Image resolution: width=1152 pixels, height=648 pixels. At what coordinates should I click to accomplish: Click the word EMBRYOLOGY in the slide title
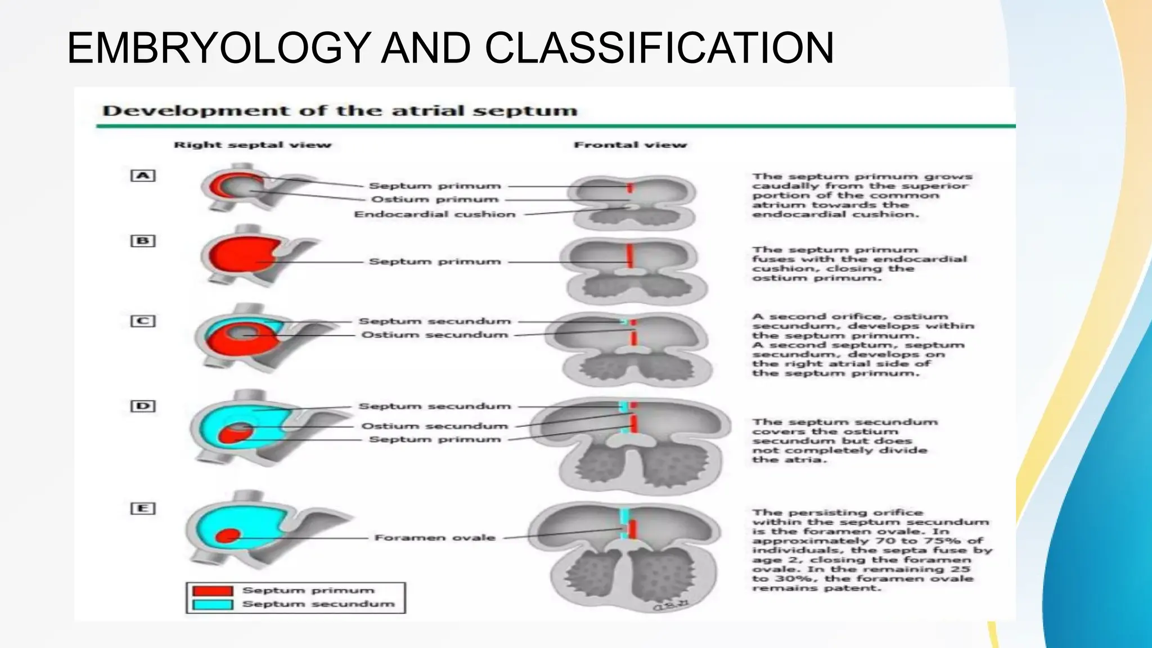click(x=219, y=48)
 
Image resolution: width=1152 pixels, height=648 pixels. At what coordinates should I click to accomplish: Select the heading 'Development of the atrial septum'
click(x=340, y=111)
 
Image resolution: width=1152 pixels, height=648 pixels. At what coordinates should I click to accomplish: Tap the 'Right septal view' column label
click(x=253, y=145)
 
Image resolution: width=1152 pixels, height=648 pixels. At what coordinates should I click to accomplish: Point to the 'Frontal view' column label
click(x=630, y=145)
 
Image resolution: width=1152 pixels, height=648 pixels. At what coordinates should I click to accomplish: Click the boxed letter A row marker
click(x=143, y=175)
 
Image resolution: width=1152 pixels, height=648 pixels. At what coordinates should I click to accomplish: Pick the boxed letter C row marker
click(x=143, y=321)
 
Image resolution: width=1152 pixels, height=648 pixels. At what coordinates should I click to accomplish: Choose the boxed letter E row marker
click(x=143, y=508)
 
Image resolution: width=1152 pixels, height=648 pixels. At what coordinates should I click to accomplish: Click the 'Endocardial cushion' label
click(x=435, y=214)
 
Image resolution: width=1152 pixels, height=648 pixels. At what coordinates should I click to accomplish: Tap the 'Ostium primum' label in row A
click(x=435, y=200)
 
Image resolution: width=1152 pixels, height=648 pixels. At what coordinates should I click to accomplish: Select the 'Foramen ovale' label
click(x=435, y=538)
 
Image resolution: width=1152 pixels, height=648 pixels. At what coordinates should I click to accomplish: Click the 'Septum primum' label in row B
click(x=435, y=262)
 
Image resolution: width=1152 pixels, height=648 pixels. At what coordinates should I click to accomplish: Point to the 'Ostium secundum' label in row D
click(x=435, y=426)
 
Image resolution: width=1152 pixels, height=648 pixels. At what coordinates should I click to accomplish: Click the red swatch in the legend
click(x=213, y=591)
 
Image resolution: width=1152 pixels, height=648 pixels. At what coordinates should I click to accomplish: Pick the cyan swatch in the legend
click(x=213, y=604)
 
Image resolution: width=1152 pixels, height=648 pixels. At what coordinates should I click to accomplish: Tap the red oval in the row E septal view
click(x=228, y=535)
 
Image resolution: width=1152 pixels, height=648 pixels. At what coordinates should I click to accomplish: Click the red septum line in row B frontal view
click(x=631, y=256)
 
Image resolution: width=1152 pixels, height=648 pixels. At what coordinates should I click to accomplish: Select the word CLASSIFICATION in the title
click(x=659, y=48)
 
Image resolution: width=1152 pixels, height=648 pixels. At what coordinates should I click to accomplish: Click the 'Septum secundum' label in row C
click(x=435, y=321)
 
